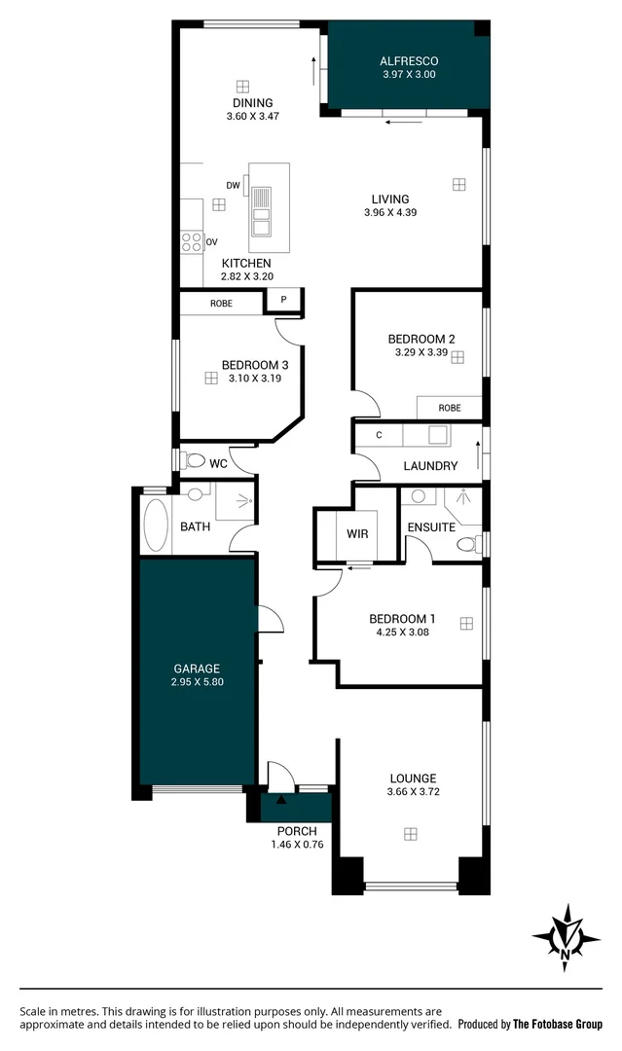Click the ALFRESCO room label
click(409, 60)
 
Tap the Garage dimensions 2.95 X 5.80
click(197, 683)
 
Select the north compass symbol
click(566, 938)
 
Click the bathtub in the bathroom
click(155, 525)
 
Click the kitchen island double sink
click(261, 212)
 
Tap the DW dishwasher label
click(233, 185)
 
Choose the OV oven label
click(211, 240)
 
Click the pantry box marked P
click(283, 300)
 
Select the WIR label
click(356, 533)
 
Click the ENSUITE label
click(431, 527)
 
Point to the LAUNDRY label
click(430, 466)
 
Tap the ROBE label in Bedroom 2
click(449, 408)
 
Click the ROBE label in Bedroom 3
click(222, 304)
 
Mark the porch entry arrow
click(281, 801)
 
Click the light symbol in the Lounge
click(411, 834)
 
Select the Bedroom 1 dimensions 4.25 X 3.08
click(401, 632)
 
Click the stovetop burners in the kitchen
click(191, 240)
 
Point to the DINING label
click(252, 103)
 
